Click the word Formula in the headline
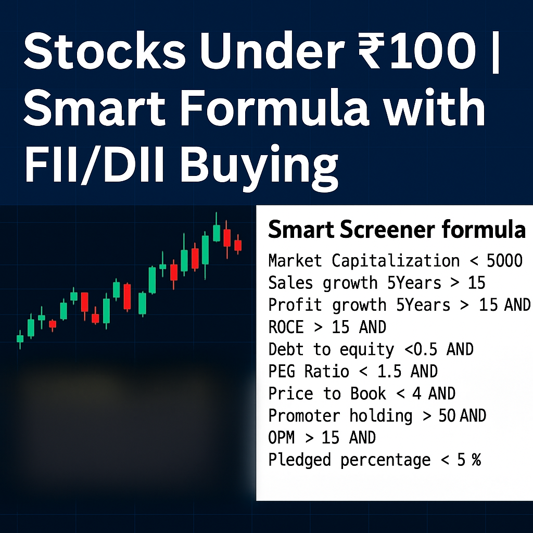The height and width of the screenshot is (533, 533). point(274,107)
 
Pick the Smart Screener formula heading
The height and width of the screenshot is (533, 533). point(397,230)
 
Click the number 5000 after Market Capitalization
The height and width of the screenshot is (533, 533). point(504,261)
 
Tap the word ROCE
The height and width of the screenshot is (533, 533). point(286,327)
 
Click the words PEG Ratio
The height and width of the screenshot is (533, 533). point(309,372)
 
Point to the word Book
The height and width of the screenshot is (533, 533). point(368,394)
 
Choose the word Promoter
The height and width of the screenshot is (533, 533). point(304,416)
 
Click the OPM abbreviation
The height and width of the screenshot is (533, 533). point(282,438)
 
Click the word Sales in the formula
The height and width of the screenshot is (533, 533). point(290,283)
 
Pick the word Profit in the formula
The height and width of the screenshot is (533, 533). point(295,305)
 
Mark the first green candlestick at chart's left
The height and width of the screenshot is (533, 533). point(20,339)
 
